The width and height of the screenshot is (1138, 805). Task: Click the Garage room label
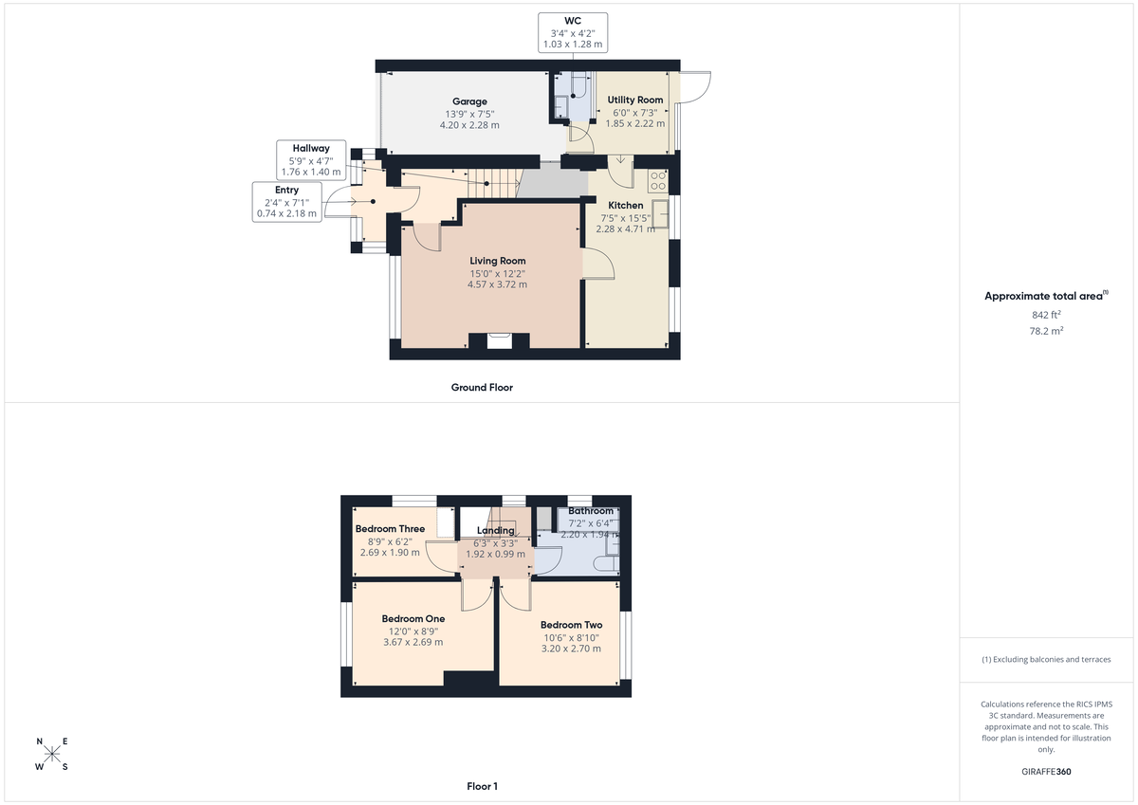(469, 101)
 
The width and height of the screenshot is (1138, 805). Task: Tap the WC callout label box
(573, 31)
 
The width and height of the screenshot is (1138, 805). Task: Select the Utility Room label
(635, 100)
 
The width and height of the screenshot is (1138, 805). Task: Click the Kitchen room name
(625, 205)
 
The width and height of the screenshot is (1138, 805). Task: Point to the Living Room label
(498, 261)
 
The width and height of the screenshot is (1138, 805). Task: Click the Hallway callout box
(310, 159)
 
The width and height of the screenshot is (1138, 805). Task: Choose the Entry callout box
(286, 202)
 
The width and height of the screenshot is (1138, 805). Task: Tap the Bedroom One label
(413, 619)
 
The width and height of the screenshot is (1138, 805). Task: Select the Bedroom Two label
(571, 625)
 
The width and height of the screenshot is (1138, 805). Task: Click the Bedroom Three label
(390, 529)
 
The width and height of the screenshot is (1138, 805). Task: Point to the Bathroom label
(591, 511)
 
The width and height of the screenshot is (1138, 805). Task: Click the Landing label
(495, 531)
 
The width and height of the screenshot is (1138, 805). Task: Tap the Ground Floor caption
(483, 387)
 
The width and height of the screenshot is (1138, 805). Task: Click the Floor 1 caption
(482, 786)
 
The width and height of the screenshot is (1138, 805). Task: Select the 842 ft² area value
(1046, 314)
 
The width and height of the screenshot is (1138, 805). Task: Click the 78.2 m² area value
(1046, 331)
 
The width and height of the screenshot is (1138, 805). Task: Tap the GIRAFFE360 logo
(1046, 772)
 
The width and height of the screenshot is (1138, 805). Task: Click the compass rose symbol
(52, 755)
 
